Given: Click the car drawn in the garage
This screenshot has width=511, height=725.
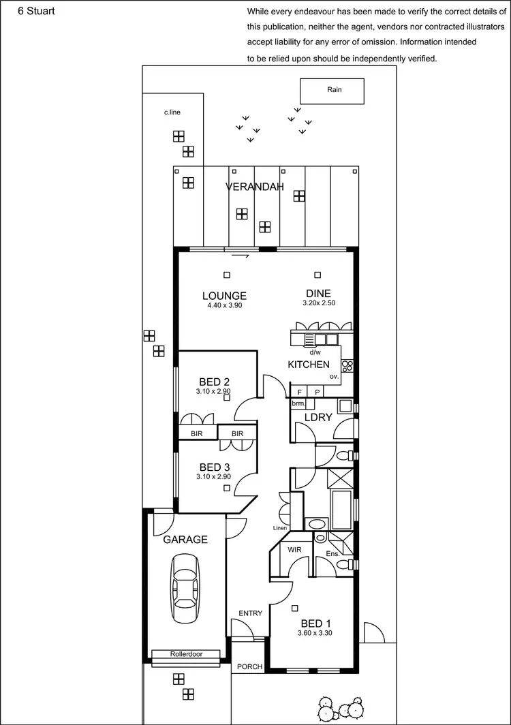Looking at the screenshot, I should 186,587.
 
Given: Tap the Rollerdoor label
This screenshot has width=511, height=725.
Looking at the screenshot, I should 186,654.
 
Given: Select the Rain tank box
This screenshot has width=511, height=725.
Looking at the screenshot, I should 332,91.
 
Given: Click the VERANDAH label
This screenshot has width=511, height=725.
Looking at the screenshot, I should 254,187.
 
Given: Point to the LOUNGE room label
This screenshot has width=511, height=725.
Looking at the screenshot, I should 224,296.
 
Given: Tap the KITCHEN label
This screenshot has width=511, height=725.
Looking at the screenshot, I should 309,365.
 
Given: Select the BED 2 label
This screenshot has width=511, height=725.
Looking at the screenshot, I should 214,382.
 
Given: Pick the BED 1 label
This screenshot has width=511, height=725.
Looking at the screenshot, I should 315,623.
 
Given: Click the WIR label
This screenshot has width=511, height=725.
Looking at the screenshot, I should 295,549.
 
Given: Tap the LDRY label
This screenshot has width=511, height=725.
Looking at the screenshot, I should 318,417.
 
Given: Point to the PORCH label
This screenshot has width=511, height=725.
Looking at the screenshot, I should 249,666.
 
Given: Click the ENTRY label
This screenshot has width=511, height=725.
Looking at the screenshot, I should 250,613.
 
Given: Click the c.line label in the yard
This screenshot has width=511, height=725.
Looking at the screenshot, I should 172,112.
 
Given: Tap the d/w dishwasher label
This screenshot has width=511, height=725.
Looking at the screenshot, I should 315,352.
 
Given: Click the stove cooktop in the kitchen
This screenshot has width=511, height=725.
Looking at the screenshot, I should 347,365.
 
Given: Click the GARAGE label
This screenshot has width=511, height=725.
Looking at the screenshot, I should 185,540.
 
